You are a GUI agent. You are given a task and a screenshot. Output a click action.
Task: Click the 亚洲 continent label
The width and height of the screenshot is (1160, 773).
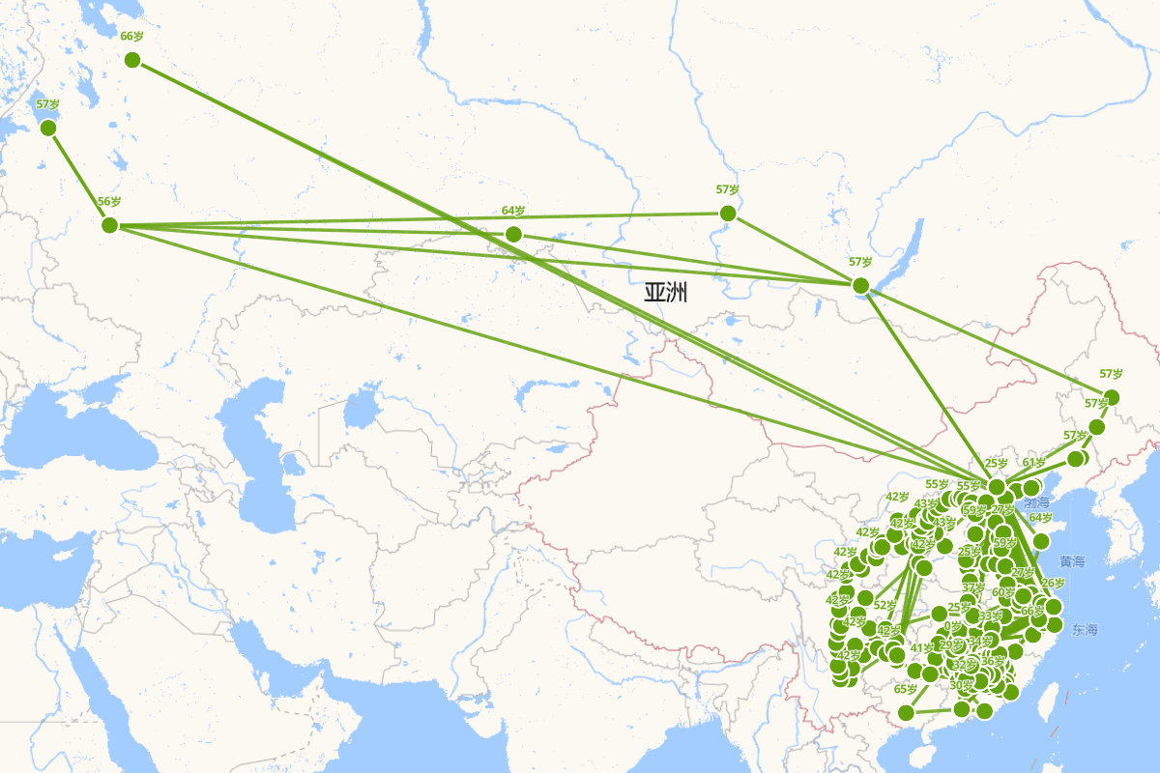[666, 293]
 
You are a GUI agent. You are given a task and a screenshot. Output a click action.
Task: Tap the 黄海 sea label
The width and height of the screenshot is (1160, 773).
[1072, 561]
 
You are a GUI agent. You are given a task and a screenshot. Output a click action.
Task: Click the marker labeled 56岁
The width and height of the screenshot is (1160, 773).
[109, 225]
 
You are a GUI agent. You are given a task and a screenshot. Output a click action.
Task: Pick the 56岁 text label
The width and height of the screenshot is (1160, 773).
[109, 202]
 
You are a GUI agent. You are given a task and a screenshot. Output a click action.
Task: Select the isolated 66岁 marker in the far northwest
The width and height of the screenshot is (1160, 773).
[132, 60]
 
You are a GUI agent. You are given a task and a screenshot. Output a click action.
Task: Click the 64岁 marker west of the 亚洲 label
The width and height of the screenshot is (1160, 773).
[513, 234]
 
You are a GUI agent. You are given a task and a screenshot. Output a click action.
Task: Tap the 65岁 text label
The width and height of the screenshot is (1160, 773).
[906, 690]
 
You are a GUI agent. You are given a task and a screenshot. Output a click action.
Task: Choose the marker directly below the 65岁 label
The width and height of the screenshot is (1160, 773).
[906, 713]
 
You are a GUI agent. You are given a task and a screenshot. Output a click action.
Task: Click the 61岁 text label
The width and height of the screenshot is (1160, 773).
[1035, 462]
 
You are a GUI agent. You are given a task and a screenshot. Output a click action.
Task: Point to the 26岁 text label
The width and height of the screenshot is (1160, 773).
[1053, 584]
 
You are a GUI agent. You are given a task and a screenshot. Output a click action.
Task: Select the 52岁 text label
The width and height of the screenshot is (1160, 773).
[885, 606]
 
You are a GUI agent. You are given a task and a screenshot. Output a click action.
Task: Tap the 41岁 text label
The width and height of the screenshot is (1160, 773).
[922, 648]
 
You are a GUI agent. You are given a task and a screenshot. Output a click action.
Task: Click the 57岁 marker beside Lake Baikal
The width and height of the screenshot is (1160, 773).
[860, 285]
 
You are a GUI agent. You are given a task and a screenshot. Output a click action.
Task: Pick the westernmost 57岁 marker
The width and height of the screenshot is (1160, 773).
[48, 128]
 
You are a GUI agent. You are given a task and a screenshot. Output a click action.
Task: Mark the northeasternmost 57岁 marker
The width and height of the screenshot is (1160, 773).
[1112, 397]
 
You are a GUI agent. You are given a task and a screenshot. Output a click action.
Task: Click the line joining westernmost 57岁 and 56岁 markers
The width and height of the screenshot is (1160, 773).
[78, 176]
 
